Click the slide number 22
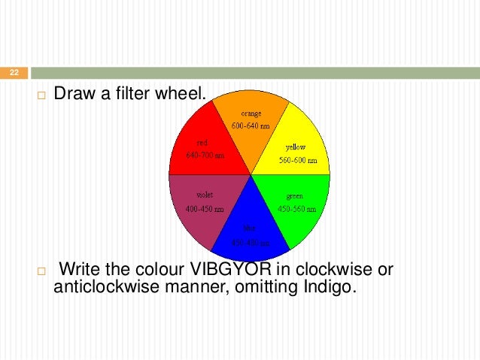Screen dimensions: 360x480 pyautogui.click(x=13, y=73)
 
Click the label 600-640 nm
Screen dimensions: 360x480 pyautogui.click(x=249, y=125)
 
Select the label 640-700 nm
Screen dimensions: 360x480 pyautogui.click(x=205, y=156)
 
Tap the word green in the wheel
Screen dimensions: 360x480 pyautogui.click(x=294, y=195)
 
